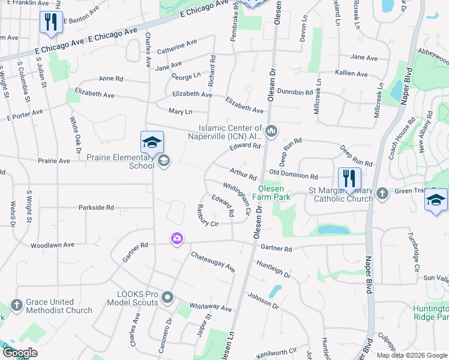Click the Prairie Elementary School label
121,161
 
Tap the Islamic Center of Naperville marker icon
271,130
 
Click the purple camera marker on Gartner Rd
176,239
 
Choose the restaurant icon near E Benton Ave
50,23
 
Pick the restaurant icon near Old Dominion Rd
349,178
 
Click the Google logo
19,353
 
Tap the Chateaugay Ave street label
212,262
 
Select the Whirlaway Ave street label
209,308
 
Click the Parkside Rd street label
96,208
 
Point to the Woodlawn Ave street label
52,245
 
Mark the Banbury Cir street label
207,215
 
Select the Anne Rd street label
110,79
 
